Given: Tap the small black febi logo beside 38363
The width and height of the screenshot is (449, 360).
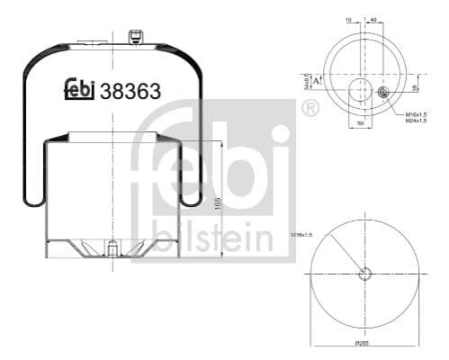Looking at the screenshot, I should tap(81, 89).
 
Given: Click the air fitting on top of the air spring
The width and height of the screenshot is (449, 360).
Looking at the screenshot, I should tap(136, 37).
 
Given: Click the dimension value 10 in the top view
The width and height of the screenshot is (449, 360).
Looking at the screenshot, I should tap(347, 18).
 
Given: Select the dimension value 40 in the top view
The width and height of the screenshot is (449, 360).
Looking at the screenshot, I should tap(373, 18).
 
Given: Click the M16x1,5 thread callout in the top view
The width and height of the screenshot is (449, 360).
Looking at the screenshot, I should tap(416, 115).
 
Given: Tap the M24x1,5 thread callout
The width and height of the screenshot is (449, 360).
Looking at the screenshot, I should tap(416, 122).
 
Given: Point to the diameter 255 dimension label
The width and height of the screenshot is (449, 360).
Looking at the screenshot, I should tap(363, 343).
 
